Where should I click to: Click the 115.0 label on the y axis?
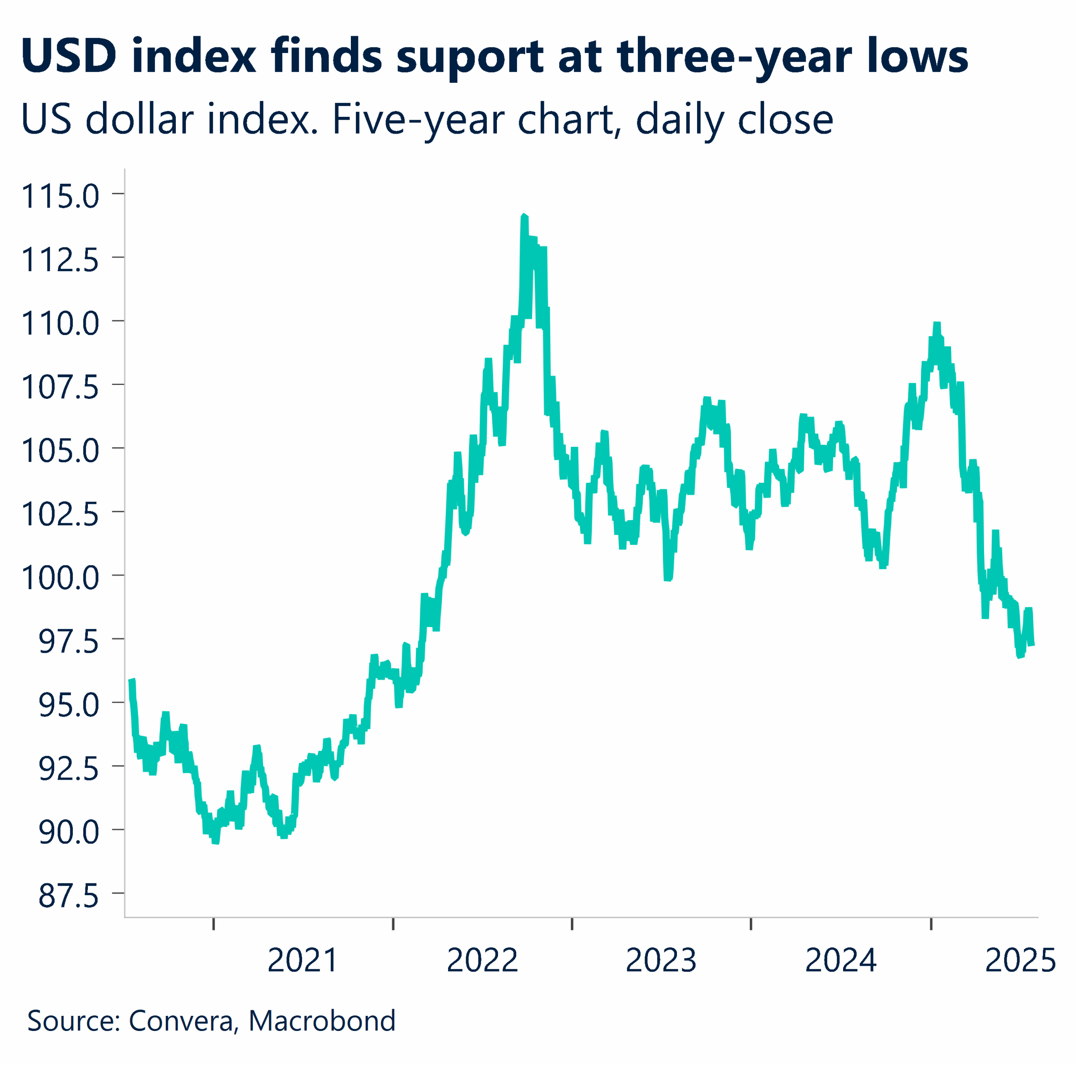tap(60, 197)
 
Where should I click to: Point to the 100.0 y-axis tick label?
tap(60, 577)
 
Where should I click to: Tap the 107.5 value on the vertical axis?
tap(60, 387)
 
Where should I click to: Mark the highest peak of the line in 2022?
tap(523, 216)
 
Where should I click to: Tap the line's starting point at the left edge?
tap(132, 681)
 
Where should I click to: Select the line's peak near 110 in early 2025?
tap(937, 324)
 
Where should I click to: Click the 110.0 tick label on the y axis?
tap(60, 324)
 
